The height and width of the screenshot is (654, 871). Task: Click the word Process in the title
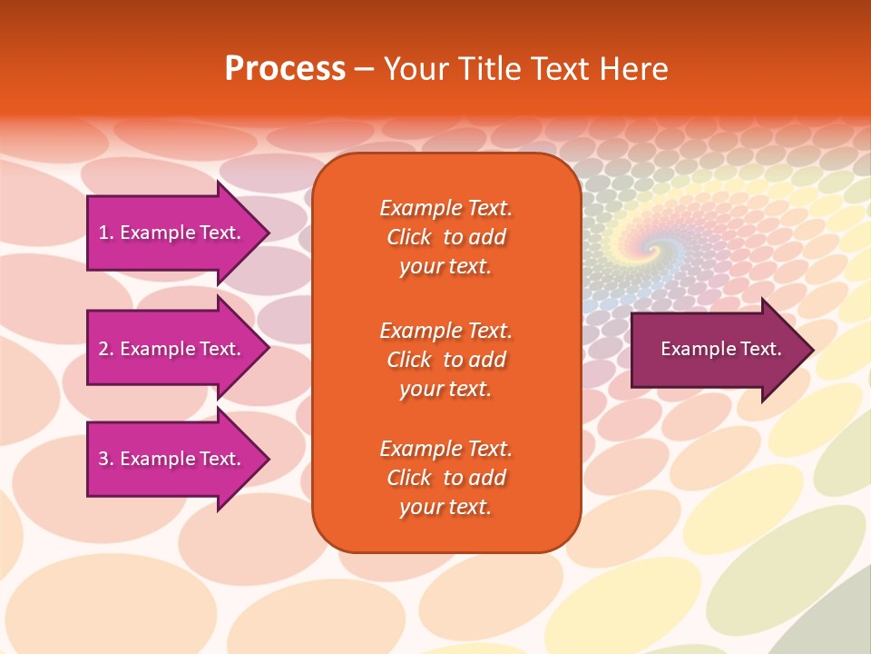pos(285,69)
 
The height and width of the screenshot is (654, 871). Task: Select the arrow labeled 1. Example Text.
pos(172,233)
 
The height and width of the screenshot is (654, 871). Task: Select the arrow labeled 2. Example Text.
pos(172,349)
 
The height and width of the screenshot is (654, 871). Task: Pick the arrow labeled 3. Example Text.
pos(172,459)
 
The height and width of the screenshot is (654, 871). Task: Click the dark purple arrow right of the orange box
pos(717,350)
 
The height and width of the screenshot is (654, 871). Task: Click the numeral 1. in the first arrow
pos(105,233)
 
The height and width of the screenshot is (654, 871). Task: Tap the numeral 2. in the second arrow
pos(105,349)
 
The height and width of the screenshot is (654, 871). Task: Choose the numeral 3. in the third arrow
pos(105,459)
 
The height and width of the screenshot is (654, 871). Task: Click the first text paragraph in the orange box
pos(445,237)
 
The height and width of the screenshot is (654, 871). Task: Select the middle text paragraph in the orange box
pos(445,360)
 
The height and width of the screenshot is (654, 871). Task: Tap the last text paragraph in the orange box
pos(445,478)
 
